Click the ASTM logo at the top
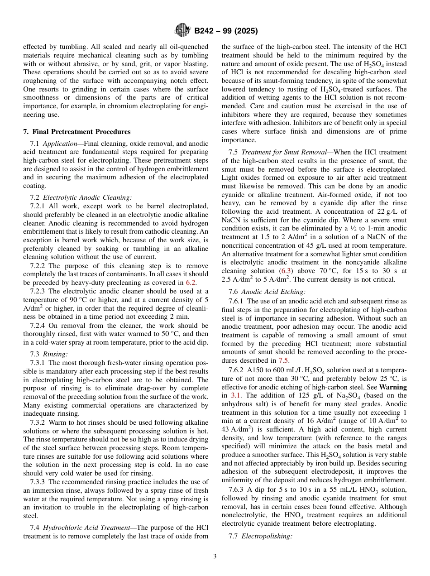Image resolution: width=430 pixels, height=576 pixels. [x=182, y=31]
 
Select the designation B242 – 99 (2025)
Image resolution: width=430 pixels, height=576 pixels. [x=226, y=31]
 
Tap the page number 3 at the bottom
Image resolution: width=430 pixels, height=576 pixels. [x=215, y=556]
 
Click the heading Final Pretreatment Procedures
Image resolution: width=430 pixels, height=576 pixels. [x=76, y=132]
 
